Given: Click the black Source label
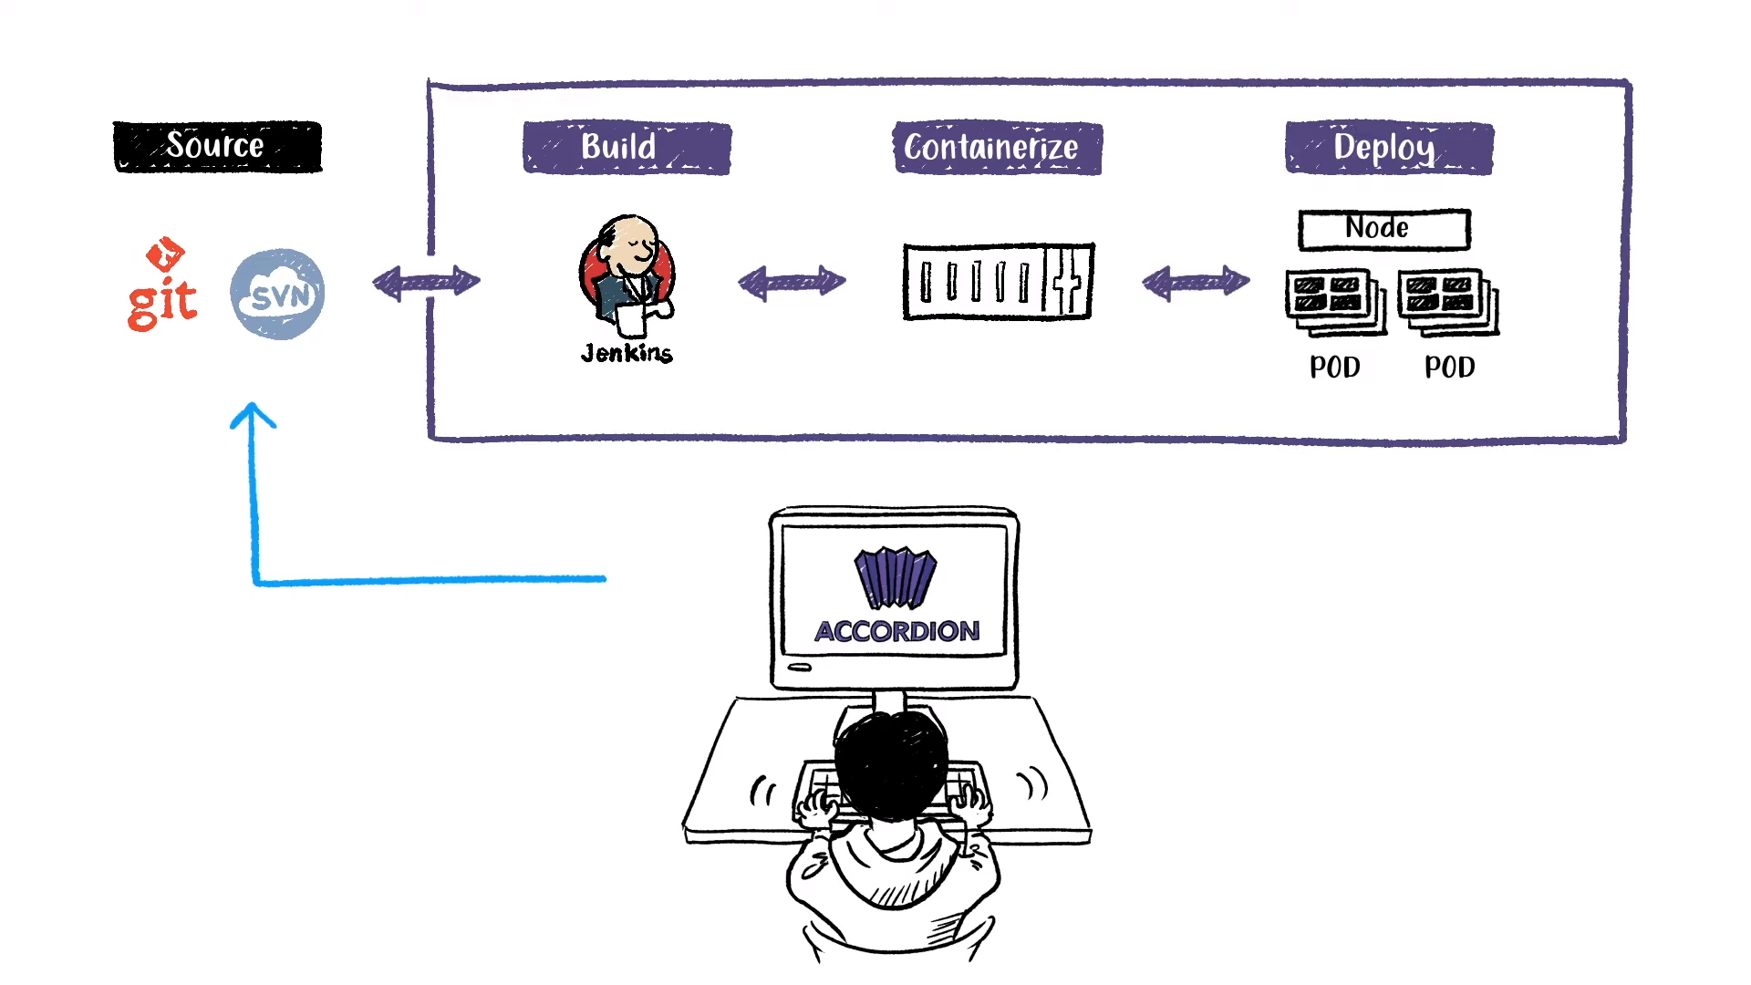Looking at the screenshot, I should (x=217, y=147).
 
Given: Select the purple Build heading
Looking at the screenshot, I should (x=627, y=148).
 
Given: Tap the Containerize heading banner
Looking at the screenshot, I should (x=997, y=148).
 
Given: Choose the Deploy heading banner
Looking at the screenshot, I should (x=1389, y=148).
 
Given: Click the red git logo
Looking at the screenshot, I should (x=162, y=287).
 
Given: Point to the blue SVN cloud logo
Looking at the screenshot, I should (x=277, y=295).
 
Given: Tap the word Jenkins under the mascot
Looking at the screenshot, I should (x=627, y=354).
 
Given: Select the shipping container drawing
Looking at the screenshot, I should (x=998, y=282).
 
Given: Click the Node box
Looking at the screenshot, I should (x=1383, y=229).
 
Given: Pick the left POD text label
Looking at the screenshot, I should (x=1334, y=368).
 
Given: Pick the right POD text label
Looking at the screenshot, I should (x=1449, y=368).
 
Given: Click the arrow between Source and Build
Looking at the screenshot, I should (x=426, y=283).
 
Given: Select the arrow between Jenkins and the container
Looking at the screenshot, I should (x=792, y=283).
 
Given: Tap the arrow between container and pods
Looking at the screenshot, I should (x=1196, y=283).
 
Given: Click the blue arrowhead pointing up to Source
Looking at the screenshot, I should (x=253, y=415).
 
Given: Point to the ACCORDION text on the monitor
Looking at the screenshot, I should (x=896, y=631).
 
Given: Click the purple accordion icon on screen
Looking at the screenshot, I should (x=895, y=577).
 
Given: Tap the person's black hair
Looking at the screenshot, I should (x=891, y=762).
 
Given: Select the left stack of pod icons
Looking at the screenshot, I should (x=1335, y=301).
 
